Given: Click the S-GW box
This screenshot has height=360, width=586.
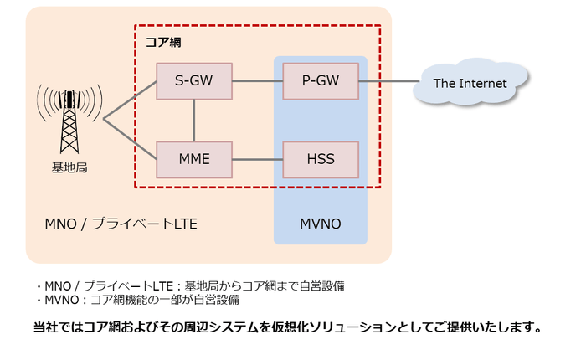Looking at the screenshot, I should point(194,81).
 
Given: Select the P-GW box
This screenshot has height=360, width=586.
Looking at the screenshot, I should point(320,81).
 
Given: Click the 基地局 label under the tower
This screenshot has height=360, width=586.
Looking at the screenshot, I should point(69,167).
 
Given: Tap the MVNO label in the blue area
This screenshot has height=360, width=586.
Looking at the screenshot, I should point(321,224).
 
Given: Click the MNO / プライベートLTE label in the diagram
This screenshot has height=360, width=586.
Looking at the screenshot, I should point(121,224).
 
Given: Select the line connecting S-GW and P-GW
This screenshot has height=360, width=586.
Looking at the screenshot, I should point(257,81).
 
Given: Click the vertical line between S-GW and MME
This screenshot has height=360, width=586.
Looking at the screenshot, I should point(194,120).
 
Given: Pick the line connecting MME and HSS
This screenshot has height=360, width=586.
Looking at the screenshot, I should point(257,159).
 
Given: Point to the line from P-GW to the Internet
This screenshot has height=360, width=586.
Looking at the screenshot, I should point(388,81).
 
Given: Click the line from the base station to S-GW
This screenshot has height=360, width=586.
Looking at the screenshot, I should point(131,100).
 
